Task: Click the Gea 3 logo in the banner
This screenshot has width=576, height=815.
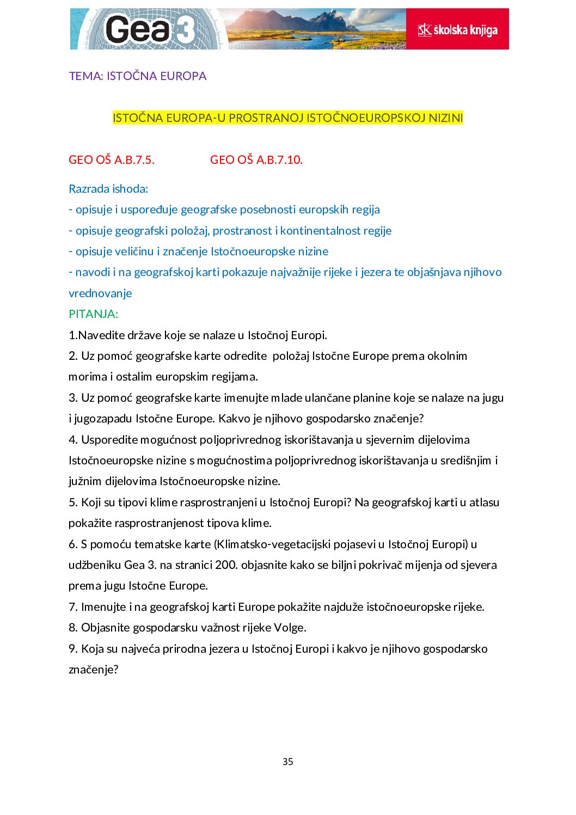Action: click(148, 29)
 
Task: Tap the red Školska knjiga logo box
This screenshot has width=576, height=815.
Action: click(457, 29)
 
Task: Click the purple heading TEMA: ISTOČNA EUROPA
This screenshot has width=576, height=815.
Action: click(138, 76)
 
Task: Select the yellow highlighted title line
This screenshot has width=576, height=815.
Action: click(287, 118)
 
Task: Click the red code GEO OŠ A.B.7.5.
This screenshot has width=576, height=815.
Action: click(112, 160)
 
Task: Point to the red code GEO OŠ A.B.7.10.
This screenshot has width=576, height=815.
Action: click(256, 160)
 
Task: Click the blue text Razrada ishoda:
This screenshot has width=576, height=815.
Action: click(108, 189)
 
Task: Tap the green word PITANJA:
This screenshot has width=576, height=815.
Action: click(93, 314)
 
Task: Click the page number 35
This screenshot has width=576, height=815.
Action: click(288, 762)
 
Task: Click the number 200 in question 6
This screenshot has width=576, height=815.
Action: click(225, 565)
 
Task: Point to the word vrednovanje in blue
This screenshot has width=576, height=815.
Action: click(100, 293)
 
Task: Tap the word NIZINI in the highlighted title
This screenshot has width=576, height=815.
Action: click(445, 118)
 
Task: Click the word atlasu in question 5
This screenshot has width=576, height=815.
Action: click(484, 503)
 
